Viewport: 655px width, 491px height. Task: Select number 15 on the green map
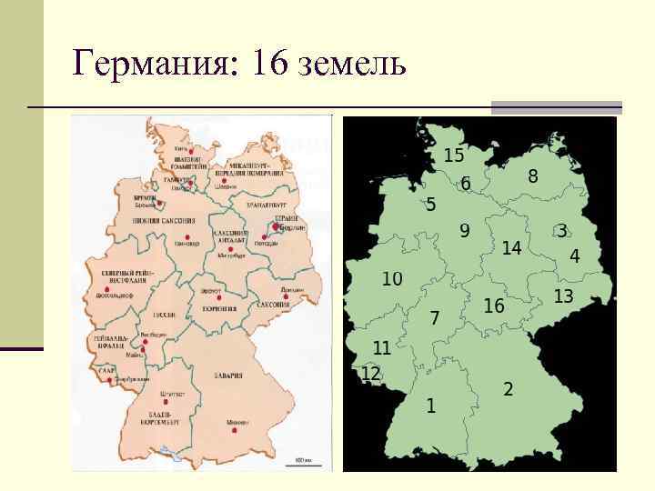click(x=454, y=155)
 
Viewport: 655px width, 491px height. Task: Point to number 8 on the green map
click(x=532, y=176)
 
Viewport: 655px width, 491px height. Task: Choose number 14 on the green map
click(x=511, y=247)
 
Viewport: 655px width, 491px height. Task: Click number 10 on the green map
click(x=392, y=278)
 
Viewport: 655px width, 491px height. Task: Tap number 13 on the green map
click(x=563, y=296)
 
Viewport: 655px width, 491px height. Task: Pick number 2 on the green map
click(x=508, y=388)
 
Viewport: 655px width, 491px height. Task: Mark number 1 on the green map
click(x=430, y=404)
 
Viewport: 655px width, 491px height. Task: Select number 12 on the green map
click(x=370, y=374)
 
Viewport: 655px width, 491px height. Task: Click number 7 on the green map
click(x=434, y=317)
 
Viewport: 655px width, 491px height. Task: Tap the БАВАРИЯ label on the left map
click(x=229, y=375)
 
